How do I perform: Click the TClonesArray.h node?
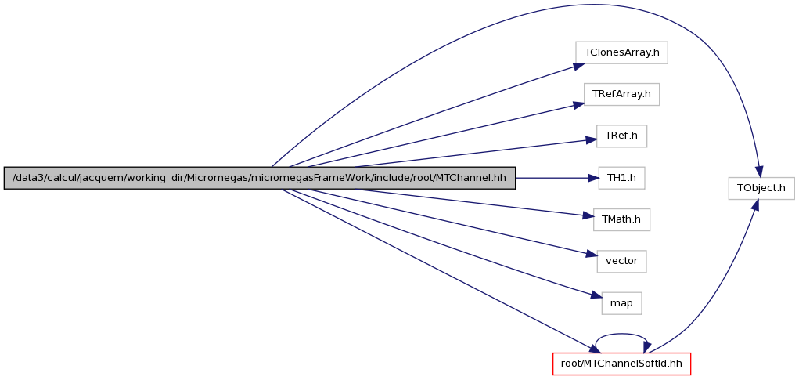pos(621,52)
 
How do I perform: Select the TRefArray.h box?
pos(621,94)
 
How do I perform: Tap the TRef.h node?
pos(621,136)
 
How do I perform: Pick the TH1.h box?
pos(621,178)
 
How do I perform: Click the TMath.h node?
pos(621,220)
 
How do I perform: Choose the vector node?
pos(621,261)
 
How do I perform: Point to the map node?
pos(621,303)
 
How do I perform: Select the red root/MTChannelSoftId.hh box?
pos(621,364)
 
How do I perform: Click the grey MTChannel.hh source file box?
pos(260,178)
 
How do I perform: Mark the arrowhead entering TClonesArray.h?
pos(579,66)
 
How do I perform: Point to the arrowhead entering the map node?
pos(596,295)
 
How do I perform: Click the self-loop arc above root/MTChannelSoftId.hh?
pos(621,335)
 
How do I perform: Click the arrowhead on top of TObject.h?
pos(758,172)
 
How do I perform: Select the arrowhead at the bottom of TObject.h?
pos(755,205)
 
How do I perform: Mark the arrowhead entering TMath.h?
pos(588,217)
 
